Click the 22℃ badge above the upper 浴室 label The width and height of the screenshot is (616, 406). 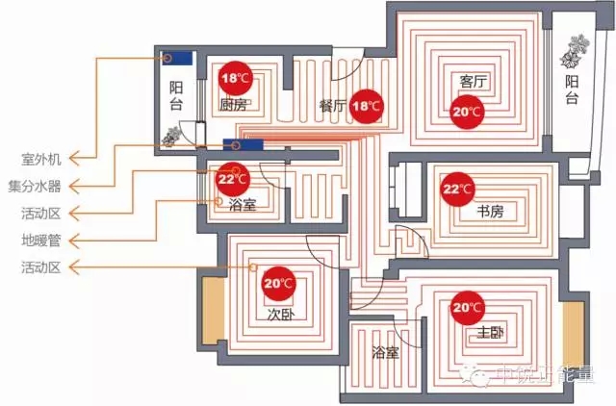click(231, 179)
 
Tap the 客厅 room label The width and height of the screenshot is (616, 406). click(475, 83)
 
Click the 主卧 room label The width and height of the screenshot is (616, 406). click(490, 334)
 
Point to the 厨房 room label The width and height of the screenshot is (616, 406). click(234, 104)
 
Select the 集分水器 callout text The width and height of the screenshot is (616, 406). click(35, 186)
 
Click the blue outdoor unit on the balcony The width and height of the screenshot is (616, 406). click(177, 57)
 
